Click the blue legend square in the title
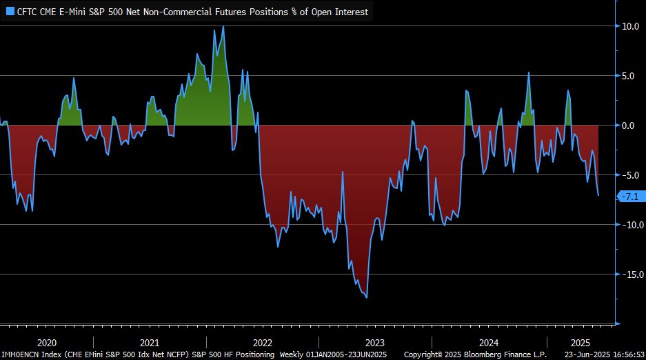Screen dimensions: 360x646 [10, 12]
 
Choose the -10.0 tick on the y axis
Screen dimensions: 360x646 [630, 225]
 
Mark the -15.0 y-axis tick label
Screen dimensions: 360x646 [630, 274]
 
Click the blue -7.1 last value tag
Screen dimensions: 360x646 [631, 197]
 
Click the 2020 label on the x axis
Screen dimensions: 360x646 [46, 343]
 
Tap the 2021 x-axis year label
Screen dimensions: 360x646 [150, 343]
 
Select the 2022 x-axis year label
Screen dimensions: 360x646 [262, 343]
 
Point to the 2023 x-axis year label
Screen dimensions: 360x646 [374, 343]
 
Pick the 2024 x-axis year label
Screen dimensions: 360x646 [488, 343]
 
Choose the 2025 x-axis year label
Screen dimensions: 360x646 [580, 343]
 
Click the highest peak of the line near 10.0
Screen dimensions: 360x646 [223, 27]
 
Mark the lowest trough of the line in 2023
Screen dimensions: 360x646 [367, 297]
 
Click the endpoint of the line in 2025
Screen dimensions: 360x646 [598, 195]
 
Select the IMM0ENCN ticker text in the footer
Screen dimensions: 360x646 [21, 354]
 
